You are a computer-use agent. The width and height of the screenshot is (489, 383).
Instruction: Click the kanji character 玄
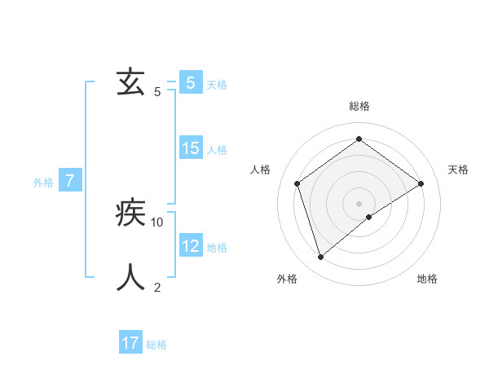point(130,82)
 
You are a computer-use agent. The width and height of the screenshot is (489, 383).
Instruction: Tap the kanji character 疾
point(130,213)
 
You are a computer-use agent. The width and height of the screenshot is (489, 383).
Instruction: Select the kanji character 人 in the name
point(130,277)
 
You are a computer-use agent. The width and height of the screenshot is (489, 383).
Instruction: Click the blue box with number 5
point(190,83)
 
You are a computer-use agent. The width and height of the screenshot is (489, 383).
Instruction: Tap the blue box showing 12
point(190,245)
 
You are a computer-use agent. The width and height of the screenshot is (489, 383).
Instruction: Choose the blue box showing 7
point(70,181)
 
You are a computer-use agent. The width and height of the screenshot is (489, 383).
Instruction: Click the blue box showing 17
point(130,343)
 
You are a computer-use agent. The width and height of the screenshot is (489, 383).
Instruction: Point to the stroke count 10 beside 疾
point(157,222)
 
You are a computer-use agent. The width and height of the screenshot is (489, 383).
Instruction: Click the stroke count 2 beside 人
point(157,287)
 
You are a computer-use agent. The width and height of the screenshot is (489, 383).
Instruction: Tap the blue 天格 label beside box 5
point(217,85)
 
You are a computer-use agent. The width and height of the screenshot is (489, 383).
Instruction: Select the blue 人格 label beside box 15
point(217,150)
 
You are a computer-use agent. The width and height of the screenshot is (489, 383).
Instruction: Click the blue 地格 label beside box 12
point(217,248)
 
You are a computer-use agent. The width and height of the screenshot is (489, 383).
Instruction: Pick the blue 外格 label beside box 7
point(43,183)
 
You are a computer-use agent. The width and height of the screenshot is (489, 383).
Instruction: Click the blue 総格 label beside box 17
point(156,346)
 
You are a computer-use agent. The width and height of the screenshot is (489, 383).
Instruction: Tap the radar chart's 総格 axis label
point(359,106)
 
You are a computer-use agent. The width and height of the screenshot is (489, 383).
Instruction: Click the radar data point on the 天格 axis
point(421,183)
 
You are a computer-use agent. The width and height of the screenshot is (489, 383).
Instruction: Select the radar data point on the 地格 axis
point(369,217)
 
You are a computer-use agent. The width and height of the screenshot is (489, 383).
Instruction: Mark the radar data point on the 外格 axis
point(321,258)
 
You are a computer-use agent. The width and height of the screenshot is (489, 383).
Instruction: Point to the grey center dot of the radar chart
point(359,203)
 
